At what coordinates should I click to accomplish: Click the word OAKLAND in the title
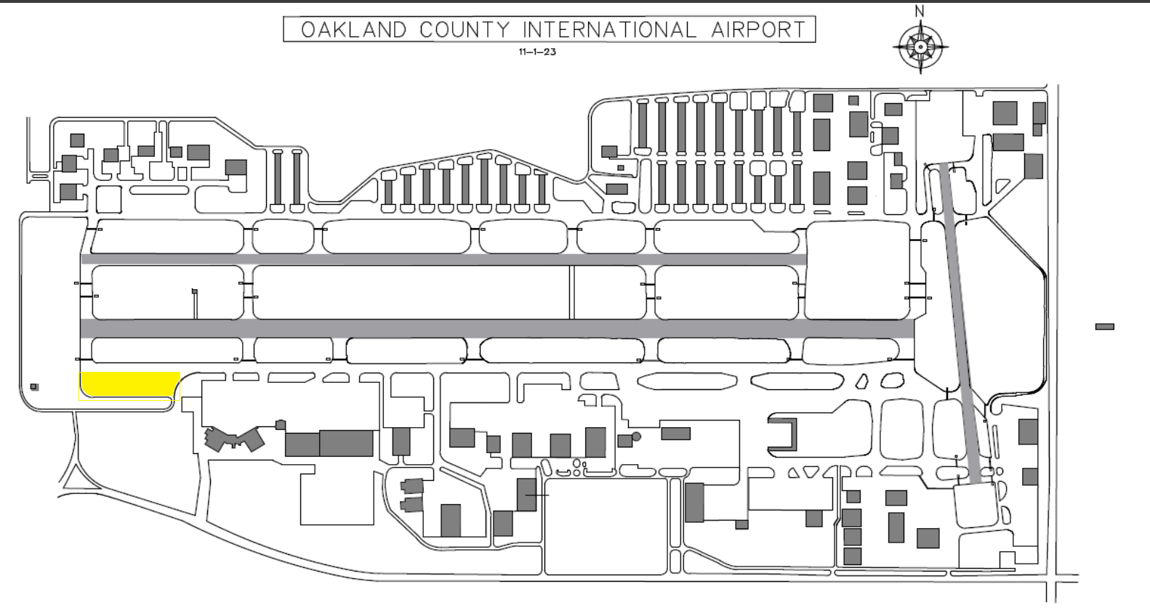point(354,30)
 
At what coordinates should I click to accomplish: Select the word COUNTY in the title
point(465,30)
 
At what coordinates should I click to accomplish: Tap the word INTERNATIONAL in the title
point(610,30)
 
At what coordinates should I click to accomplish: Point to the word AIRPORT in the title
point(758,30)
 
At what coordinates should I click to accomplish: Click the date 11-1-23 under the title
point(537,52)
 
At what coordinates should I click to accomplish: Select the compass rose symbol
point(920,47)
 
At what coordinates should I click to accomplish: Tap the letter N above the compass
point(920,11)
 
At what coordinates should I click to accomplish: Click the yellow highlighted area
point(130,385)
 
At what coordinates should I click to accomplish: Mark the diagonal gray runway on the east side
point(962,324)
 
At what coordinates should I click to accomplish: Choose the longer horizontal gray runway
point(497,328)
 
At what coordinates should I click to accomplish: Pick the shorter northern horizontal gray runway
point(443,259)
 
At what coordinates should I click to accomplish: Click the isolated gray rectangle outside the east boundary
point(1105,327)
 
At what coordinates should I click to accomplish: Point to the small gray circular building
point(636,437)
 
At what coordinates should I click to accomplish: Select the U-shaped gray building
point(782,434)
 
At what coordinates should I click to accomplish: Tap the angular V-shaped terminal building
point(234,439)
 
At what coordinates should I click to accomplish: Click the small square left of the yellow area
point(34,387)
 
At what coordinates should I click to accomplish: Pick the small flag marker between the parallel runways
point(195,292)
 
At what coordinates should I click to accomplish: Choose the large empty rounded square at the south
point(606,527)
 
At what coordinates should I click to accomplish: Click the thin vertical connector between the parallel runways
point(571,292)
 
